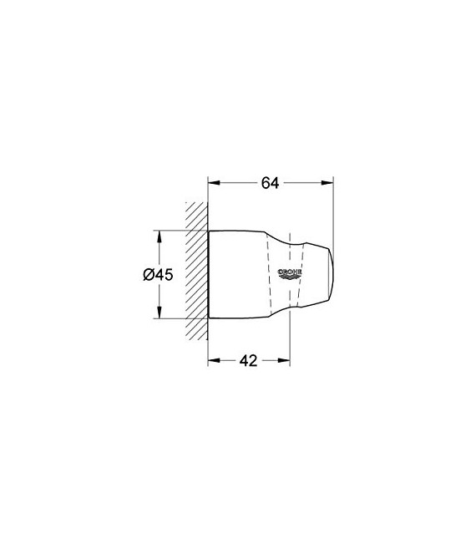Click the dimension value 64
coord(268,183)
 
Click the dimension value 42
coord(247,360)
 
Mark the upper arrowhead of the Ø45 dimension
coord(158,233)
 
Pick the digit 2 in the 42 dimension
coord(253,360)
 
